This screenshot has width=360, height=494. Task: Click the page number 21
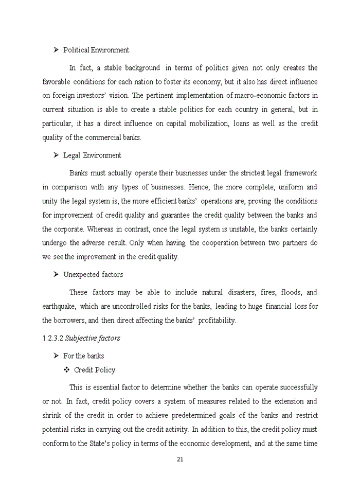click(x=180, y=460)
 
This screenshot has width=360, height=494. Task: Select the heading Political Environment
click(x=96, y=50)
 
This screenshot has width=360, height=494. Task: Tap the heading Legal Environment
click(x=92, y=155)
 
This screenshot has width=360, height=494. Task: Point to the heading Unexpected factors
click(x=93, y=274)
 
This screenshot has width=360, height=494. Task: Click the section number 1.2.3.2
click(x=52, y=338)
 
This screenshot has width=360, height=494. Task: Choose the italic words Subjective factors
click(x=93, y=338)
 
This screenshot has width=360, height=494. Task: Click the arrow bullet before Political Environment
click(x=56, y=50)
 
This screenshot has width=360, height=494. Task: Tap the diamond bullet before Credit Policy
click(x=66, y=370)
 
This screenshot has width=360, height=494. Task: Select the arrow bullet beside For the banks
click(x=56, y=356)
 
